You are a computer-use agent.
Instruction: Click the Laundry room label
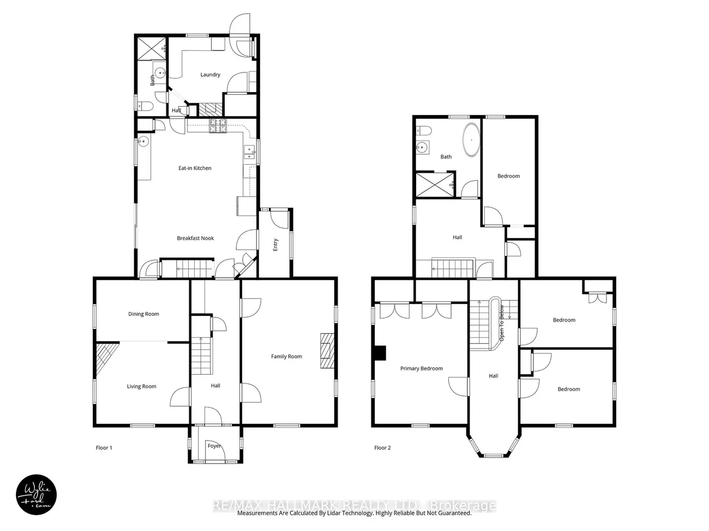[x=210, y=75]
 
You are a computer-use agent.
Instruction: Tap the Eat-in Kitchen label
[x=195, y=168]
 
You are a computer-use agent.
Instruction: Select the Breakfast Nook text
[x=195, y=238]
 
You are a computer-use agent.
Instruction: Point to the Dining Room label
[x=143, y=314]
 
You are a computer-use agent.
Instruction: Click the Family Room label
[x=286, y=356]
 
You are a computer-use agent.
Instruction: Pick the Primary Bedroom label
[x=421, y=369]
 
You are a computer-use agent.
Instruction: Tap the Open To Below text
[x=501, y=324]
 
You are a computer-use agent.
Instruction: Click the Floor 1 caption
[x=104, y=448]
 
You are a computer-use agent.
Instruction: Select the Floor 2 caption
[x=382, y=448]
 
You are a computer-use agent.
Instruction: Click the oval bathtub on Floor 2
[x=471, y=139]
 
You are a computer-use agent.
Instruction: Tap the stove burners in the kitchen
[x=218, y=126]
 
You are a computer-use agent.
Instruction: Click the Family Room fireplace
[x=327, y=350]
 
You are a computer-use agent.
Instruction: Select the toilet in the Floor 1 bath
[x=145, y=106]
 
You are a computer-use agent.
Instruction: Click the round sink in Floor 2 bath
[x=422, y=148]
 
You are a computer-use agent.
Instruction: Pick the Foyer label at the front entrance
[x=214, y=446]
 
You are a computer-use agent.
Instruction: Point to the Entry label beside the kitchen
[x=275, y=245]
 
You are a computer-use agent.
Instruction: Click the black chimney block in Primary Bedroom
[x=380, y=353]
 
